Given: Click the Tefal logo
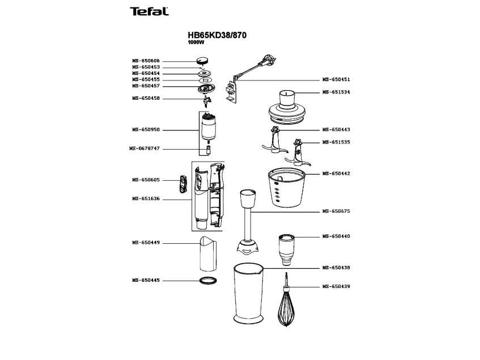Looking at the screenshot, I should (149, 11).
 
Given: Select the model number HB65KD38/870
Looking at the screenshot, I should (216, 35).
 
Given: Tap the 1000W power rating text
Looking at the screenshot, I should (196, 43).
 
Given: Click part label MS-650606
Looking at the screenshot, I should (146, 60).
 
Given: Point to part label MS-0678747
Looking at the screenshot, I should (145, 149).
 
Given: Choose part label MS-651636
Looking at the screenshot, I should (146, 198).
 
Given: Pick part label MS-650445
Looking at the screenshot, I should (146, 280).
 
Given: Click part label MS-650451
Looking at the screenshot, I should (336, 80).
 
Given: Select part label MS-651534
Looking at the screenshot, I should (336, 92).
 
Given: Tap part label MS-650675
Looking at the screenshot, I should (336, 211).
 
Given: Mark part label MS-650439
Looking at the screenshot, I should (336, 286).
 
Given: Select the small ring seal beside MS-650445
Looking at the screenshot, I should (209, 281).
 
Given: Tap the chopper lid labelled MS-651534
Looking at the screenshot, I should (287, 108).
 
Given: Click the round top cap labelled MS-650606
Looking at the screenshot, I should (203, 61).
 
